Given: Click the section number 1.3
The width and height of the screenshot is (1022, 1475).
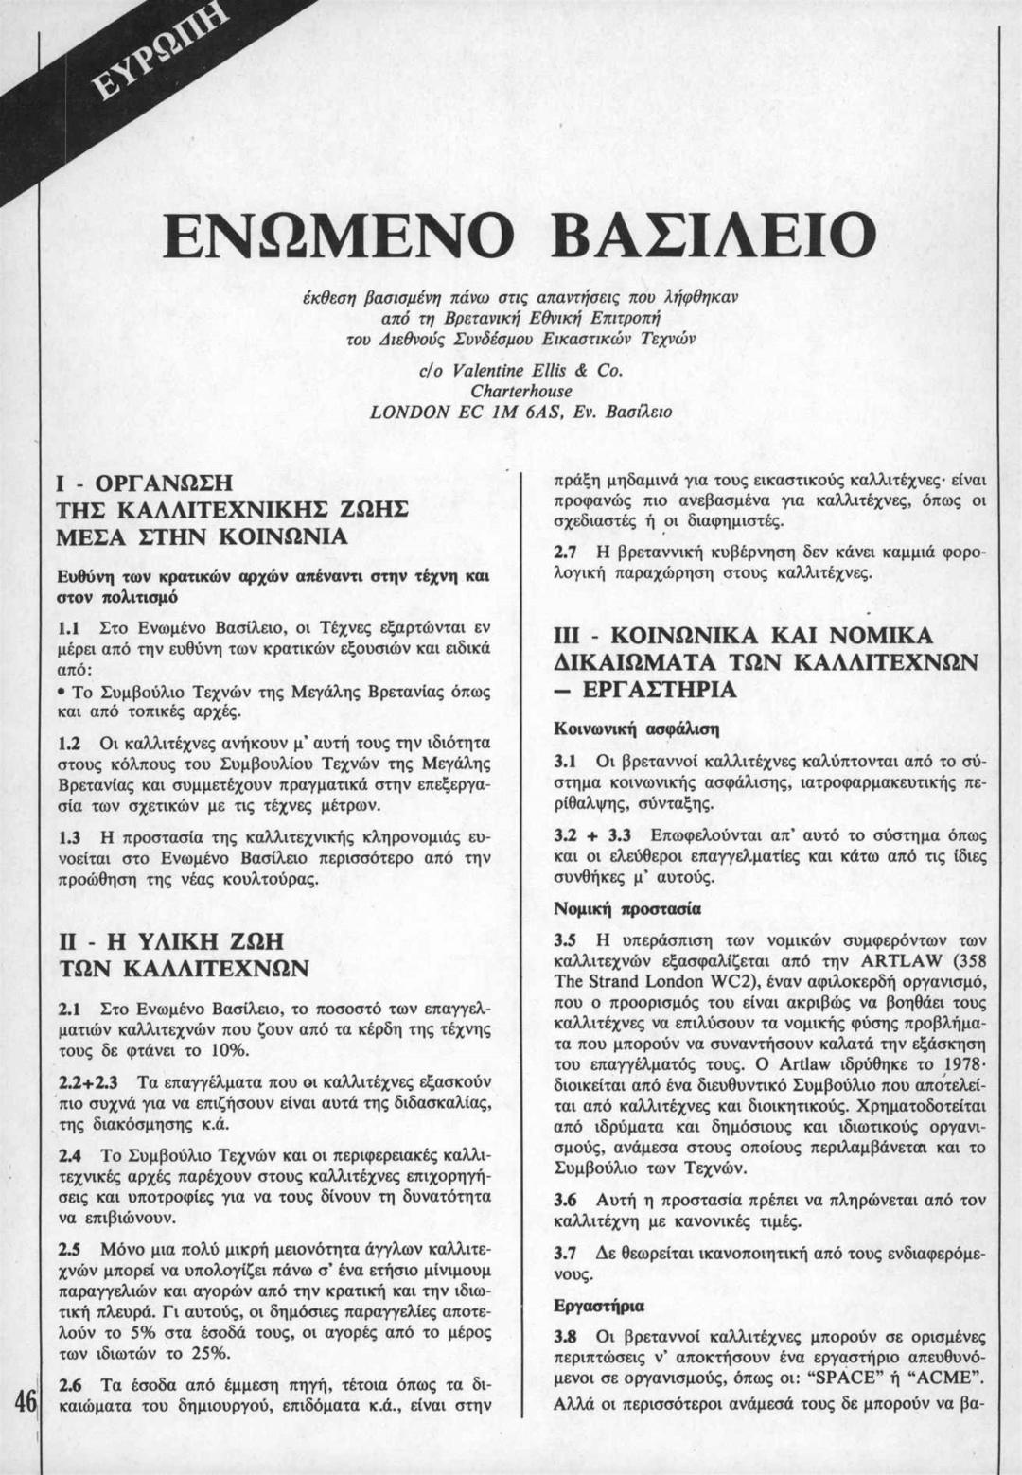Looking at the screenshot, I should pos(68,838).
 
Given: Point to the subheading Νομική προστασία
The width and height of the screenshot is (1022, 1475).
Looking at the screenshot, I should pos(626,909).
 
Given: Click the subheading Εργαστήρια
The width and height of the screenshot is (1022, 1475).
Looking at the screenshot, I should pos(599,1306).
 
